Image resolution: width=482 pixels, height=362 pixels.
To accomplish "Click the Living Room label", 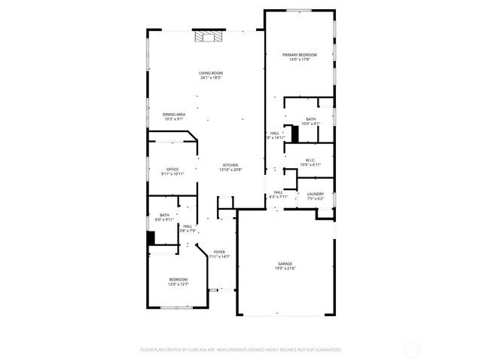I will click(211, 73).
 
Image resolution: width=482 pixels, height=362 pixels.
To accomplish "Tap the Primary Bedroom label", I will click(300, 55).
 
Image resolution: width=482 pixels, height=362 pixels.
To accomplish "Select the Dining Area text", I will click(174, 115).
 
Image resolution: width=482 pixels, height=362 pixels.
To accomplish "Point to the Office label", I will click(172, 169).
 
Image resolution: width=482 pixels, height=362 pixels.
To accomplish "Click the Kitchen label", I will click(230, 165).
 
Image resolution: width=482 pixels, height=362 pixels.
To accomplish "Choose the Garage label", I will click(285, 264).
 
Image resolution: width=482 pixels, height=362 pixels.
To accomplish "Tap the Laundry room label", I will click(316, 194).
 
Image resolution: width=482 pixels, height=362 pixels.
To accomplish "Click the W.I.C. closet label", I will click(310, 160).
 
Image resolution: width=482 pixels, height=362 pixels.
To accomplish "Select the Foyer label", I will click(219, 252).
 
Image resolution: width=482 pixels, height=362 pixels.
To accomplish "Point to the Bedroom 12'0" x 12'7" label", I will click(178, 279).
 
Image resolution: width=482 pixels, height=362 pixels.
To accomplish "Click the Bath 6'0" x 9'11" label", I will click(164, 215).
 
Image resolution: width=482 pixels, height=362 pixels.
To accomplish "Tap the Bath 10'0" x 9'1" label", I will click(310, 119).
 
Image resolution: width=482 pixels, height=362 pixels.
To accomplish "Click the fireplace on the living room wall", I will click(209, 36).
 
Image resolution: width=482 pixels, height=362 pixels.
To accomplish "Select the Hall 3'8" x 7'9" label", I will click(187, 226).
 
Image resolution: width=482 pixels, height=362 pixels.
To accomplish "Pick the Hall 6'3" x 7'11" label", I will click(278, 192).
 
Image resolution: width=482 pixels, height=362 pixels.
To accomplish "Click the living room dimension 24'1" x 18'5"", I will click(211, 78).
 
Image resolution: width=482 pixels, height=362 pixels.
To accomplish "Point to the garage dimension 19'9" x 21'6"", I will click(285, 268).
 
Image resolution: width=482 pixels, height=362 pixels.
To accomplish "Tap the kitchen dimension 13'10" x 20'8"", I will click(230, 170).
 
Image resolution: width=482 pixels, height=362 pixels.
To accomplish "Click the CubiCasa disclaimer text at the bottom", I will click(241, 350).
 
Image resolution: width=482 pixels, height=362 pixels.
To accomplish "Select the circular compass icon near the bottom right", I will click(412, 349).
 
